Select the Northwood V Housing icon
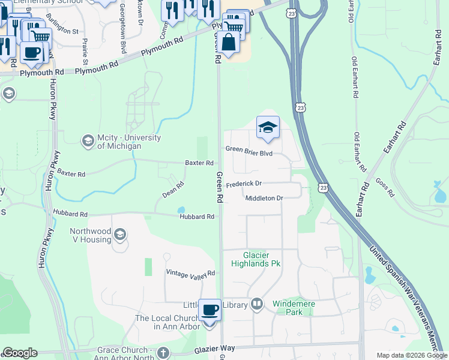pyautogui.click(x=120, y=234)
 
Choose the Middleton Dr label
pyautogui.click(x=264, y=198)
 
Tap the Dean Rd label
pyautogui.click(x=172, y=191)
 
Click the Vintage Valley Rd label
pyautogui.click(x=190, y=274)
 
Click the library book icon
pyautogui.click(x=258, y=304)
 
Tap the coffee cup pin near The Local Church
pyautogui.click(x=209, y=311)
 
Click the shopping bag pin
pyautogui.click(x=229, y=43)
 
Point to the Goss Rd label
pyautogui.click(x=384, y=187)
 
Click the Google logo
pyautogui.click(x=20, y=353)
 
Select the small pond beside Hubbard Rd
pyautogui.click(x=181, y=210)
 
